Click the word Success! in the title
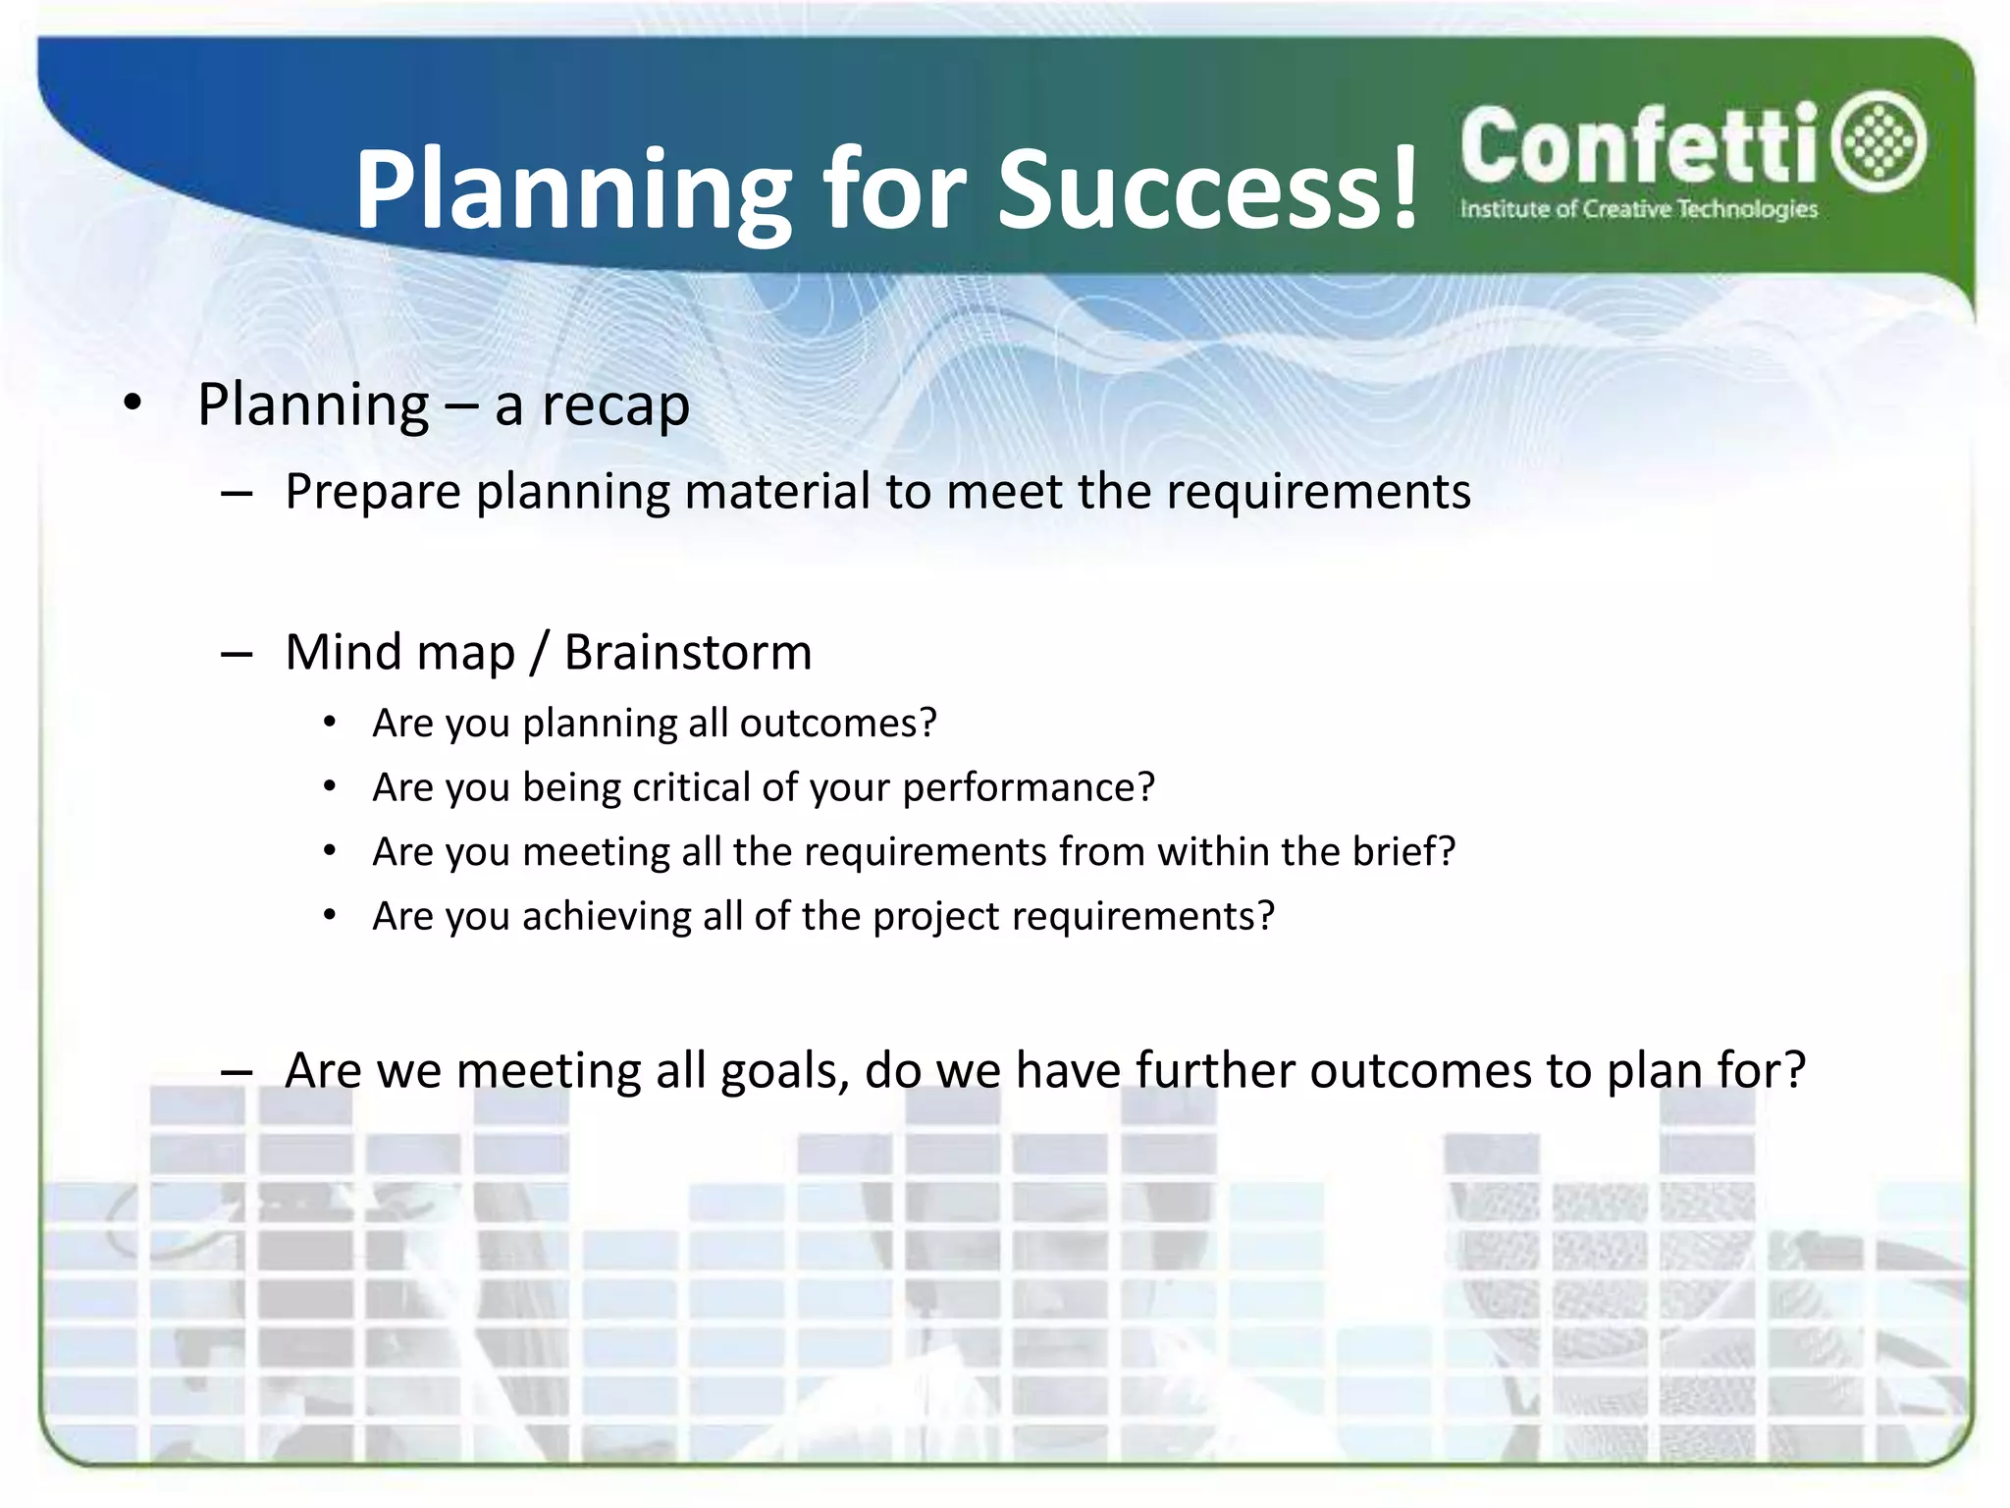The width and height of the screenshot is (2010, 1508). [x=1207, y=188]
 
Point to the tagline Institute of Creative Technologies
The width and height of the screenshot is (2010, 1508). [x=1638, y=209]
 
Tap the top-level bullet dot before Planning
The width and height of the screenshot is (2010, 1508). [x=133, y=402]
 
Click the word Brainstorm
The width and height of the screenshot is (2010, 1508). [x=688, y=653]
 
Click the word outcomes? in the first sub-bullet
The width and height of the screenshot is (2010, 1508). [x=838, y=724]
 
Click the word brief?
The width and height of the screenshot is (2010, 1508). [x=1403, y=851]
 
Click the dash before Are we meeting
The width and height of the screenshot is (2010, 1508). [x=237, y=1072]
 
